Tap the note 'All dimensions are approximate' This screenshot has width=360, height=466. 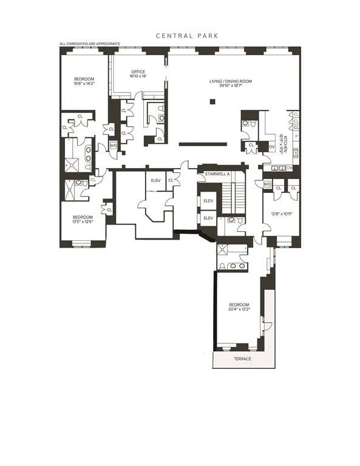(90, 44)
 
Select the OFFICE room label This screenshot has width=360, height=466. (137, 72)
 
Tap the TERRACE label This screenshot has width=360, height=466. (242, 359)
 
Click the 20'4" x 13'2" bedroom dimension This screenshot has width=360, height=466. (239, 309)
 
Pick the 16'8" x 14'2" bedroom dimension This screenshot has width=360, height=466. (83, 84)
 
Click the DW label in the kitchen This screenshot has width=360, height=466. (290, 167)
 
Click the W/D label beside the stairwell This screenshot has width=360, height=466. (267, 184)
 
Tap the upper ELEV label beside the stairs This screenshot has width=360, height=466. (208, 201)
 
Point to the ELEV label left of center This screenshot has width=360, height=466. (155, 180)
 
